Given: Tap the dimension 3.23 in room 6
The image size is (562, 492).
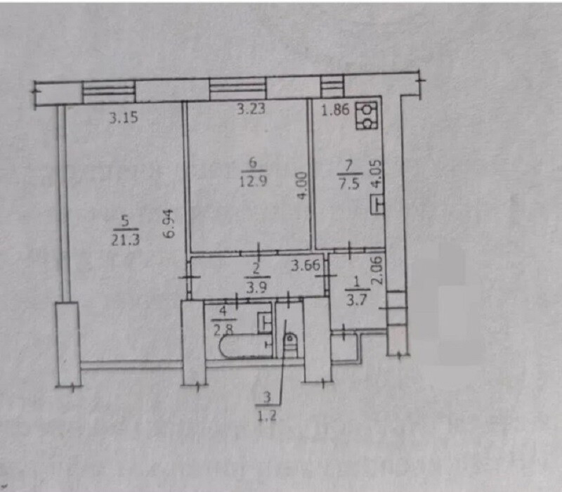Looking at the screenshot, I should coord(251,109).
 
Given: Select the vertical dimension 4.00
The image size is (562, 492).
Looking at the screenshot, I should coord(301,186).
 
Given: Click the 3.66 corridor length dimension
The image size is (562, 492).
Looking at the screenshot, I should coord(306,266).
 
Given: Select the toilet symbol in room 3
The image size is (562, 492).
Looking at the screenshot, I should coord(291,344).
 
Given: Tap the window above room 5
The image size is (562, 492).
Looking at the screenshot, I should coord(109,91).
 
